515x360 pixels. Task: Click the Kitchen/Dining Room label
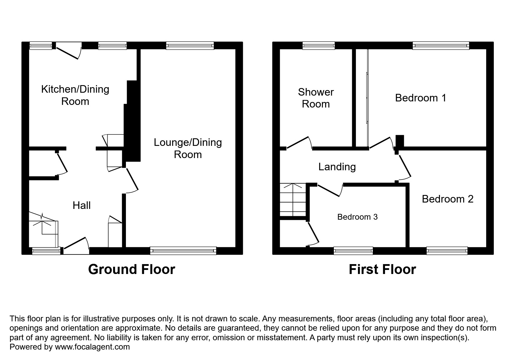(75, 95)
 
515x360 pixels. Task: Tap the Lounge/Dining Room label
(188, 148)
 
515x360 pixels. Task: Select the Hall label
(82, 205)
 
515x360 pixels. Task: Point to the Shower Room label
(316, 98)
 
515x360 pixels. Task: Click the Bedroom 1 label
(420, 98)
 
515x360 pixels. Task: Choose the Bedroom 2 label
(448, 199)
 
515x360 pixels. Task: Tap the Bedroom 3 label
(357, 217)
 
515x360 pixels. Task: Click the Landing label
(337, 167)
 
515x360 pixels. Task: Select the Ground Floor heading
(131, 269)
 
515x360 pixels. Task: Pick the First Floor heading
(382, 269)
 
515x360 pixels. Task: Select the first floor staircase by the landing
(293, 200)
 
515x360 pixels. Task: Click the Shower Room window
(319, 46)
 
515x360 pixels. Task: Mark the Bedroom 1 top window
(441, 46)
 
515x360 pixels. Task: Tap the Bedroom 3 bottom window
(353, 250)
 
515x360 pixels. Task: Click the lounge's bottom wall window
(183, 250)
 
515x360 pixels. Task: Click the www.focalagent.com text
(92, 347)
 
